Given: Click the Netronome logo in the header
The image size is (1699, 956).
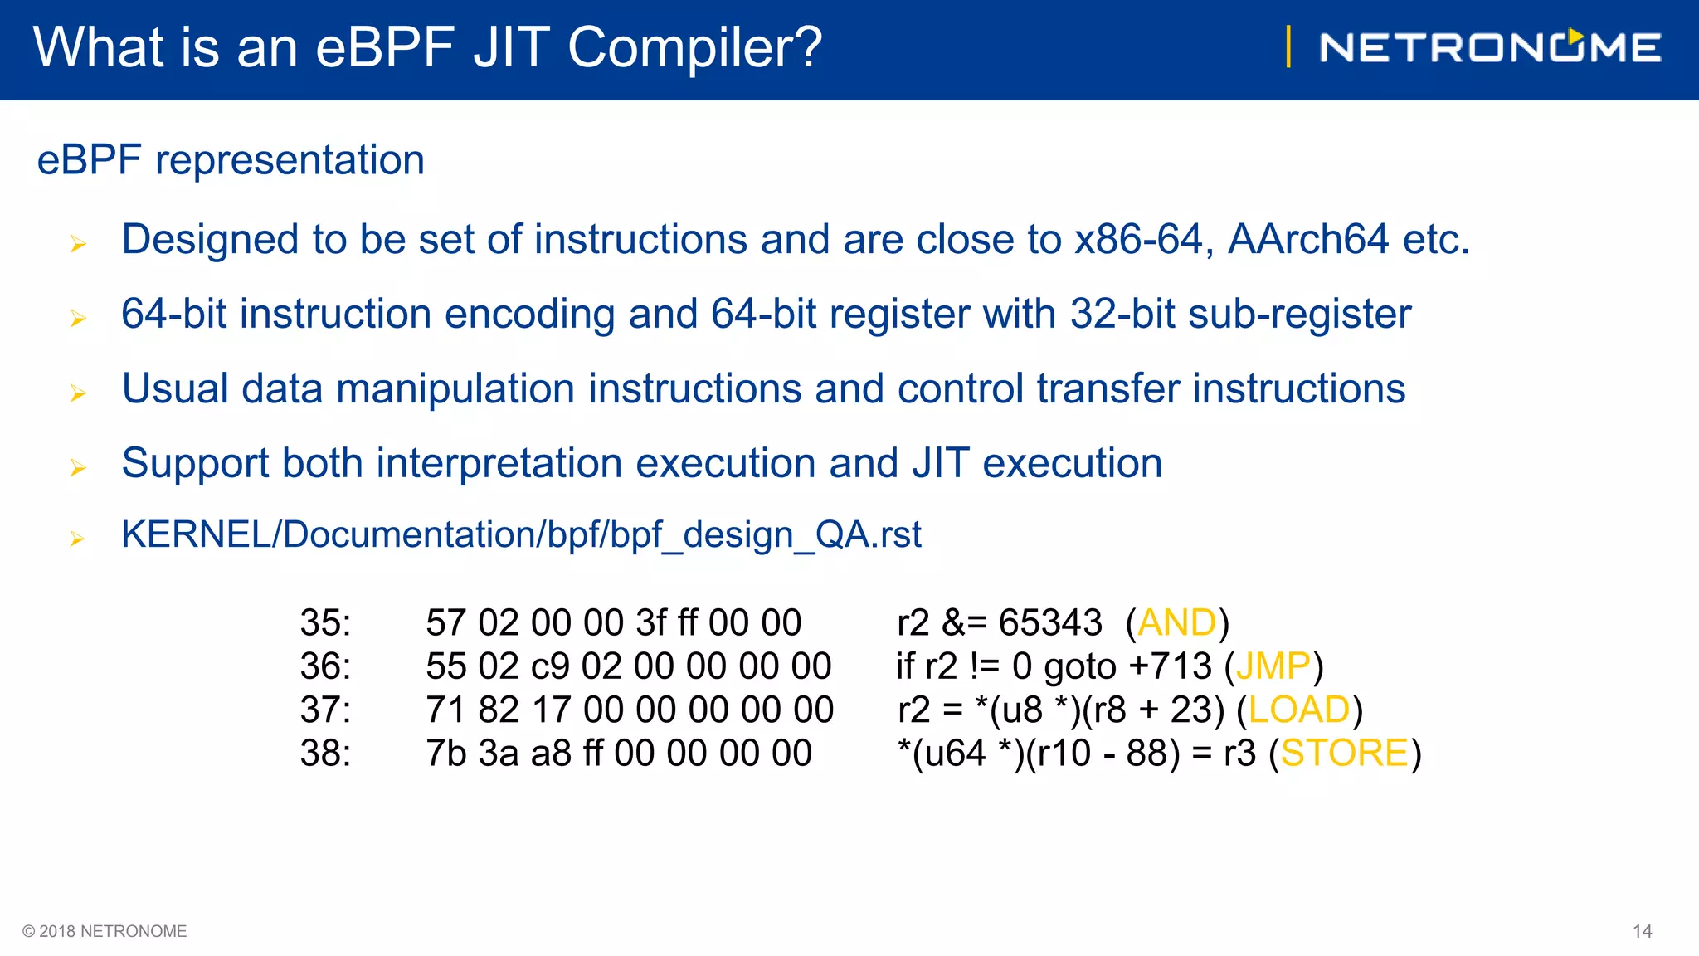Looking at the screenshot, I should [1490, 47].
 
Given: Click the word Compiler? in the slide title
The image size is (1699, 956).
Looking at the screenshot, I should [695, 47].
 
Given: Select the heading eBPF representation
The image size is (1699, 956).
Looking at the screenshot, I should [231, 159].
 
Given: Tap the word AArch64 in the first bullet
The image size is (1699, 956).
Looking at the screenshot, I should [1307, 240].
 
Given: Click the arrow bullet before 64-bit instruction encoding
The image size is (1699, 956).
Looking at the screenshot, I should [78, 318].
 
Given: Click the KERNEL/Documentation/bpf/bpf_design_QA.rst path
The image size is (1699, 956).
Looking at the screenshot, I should [521, 534].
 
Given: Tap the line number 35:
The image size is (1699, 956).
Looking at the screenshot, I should [325, 622].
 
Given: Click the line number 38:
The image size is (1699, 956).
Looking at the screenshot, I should [325, 753].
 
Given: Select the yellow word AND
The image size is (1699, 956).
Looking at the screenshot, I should [1176, 622].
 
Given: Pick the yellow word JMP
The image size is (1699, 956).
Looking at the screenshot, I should [1273, 666].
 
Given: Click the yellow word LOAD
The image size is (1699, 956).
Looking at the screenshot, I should [1299, 710].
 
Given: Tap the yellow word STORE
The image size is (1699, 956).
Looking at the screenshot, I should [1344, 753].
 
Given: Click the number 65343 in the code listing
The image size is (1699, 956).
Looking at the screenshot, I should [1049, 622].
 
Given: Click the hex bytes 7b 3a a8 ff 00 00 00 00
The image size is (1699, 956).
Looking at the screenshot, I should [619, 753].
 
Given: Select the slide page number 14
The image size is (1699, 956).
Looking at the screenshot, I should [1642, 931].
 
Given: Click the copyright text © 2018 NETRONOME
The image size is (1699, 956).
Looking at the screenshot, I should [105, 931].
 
